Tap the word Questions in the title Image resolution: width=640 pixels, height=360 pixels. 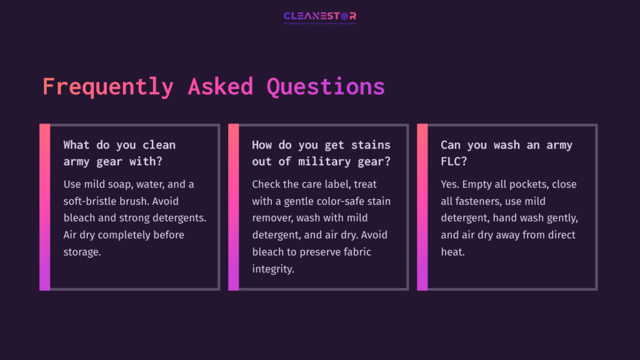coord(326,87)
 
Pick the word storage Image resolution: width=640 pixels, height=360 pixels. coord(82,252)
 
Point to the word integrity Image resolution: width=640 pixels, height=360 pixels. coord(273,269)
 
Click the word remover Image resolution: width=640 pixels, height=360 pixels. coord(271,219)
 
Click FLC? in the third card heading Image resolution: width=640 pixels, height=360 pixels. coord(454,162)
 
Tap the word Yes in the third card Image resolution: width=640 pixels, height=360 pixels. coord(449,185)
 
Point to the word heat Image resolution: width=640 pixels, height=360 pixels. coord(452,252)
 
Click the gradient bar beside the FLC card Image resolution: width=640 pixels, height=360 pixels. coord(422,207)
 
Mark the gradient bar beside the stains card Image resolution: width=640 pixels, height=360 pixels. coord(233,207)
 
